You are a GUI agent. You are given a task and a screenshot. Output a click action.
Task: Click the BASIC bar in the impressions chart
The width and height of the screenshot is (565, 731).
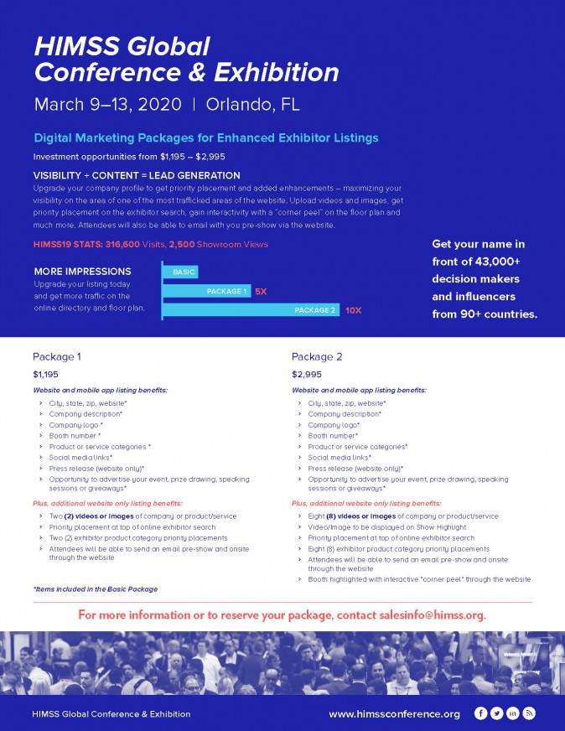(179, 272)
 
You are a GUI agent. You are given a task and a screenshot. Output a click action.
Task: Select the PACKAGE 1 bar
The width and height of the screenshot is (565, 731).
(205, 292)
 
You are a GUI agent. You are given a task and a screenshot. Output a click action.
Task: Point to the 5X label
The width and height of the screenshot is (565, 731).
(261, 292)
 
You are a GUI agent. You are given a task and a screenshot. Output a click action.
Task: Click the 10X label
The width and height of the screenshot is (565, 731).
(353, 310)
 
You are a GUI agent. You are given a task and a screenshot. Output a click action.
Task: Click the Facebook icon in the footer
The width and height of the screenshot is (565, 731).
(480, 713)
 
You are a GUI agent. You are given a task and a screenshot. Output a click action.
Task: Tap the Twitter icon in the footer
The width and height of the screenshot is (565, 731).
(496, 713)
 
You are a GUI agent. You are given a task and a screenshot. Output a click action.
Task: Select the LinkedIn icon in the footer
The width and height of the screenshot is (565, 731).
(512, 713)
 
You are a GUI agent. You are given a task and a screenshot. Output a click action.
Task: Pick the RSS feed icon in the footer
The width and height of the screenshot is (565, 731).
(529, 713)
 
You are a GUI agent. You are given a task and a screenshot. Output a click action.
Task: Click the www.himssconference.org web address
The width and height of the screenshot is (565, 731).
(394, 714)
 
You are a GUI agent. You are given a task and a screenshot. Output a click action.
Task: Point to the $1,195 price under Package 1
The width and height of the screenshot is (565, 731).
(46, 374)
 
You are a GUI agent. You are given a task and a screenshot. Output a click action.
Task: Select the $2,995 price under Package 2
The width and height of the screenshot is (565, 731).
(306, 374)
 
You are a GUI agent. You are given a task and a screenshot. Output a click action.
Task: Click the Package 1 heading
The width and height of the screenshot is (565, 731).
(57, 356)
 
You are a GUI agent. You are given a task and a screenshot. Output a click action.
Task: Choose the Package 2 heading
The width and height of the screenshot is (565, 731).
(317, 356)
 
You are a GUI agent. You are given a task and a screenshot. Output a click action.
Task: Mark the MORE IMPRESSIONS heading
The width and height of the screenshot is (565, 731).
(82, 272)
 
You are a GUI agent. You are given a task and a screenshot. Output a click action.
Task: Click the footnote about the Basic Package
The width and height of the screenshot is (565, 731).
(95, 589)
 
